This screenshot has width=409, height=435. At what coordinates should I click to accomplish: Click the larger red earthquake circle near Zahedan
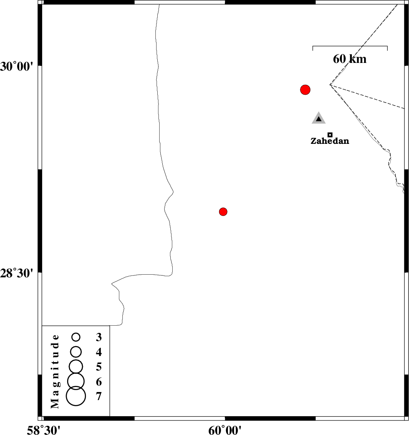coord(305,90)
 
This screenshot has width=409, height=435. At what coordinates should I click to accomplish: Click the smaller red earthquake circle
coord(223,211)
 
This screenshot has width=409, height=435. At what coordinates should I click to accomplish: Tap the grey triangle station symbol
coord(318,119)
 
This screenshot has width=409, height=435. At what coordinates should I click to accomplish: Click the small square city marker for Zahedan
coord(330,135)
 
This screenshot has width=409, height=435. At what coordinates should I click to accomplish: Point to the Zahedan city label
coord(330,141)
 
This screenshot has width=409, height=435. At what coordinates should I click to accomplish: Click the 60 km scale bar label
coord(350,59)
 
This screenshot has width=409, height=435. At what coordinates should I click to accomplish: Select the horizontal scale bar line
coord(350,46)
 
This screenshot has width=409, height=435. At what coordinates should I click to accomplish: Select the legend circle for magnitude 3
coord(76,337)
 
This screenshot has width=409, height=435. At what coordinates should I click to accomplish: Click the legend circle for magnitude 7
coord(76,396)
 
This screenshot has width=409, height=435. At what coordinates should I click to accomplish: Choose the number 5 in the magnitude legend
coord(99,367)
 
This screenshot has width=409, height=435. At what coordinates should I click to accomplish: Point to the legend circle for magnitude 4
coord(76,351)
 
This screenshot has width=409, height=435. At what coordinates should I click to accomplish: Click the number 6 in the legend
coord(99,382)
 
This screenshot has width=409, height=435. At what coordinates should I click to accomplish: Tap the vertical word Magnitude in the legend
coord(56,371)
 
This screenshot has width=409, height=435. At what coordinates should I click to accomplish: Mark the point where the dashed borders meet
coord(330,85)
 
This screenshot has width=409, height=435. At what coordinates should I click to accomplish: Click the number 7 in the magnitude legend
coord(99,396)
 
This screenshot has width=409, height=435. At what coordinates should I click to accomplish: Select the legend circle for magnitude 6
coord(76,381)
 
